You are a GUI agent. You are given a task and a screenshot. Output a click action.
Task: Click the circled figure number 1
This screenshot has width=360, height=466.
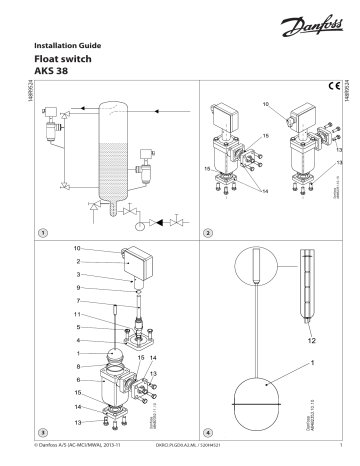(x=42, y=232)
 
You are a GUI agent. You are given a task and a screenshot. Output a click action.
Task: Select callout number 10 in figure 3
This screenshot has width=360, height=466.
(x=78, y=247)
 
